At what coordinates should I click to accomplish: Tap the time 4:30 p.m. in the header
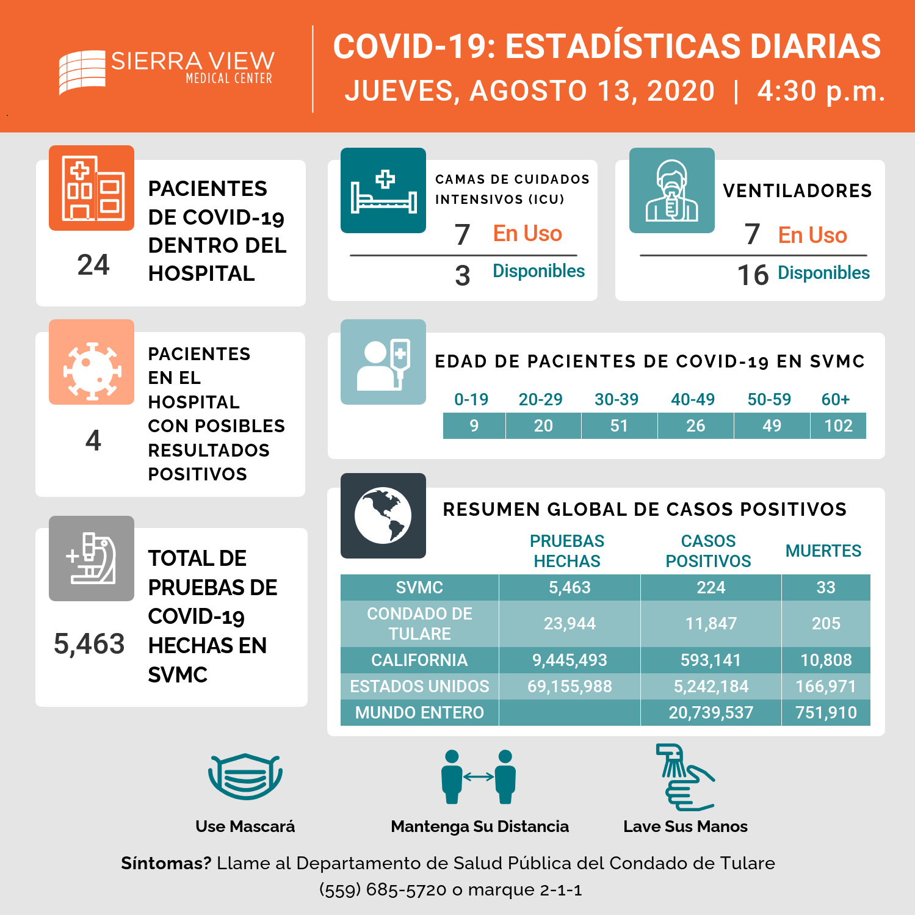821,92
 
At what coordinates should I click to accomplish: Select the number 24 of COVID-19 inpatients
93,265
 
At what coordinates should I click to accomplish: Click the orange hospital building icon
92,188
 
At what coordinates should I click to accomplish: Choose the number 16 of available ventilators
753,275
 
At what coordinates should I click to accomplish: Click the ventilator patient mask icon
672,190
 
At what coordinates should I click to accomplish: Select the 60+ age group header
836,399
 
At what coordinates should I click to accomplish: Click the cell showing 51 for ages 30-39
620,425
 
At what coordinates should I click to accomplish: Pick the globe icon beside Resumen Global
383,516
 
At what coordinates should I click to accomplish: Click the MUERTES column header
823,551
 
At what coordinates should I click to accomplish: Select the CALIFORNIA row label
419,660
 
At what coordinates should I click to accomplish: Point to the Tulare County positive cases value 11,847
711,623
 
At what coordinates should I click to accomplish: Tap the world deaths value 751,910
826,712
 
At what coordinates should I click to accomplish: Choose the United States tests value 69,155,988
570,686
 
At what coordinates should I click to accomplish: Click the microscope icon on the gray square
92,559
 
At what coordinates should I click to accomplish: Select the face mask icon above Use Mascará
245,776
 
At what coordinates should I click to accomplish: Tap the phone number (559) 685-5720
383,889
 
